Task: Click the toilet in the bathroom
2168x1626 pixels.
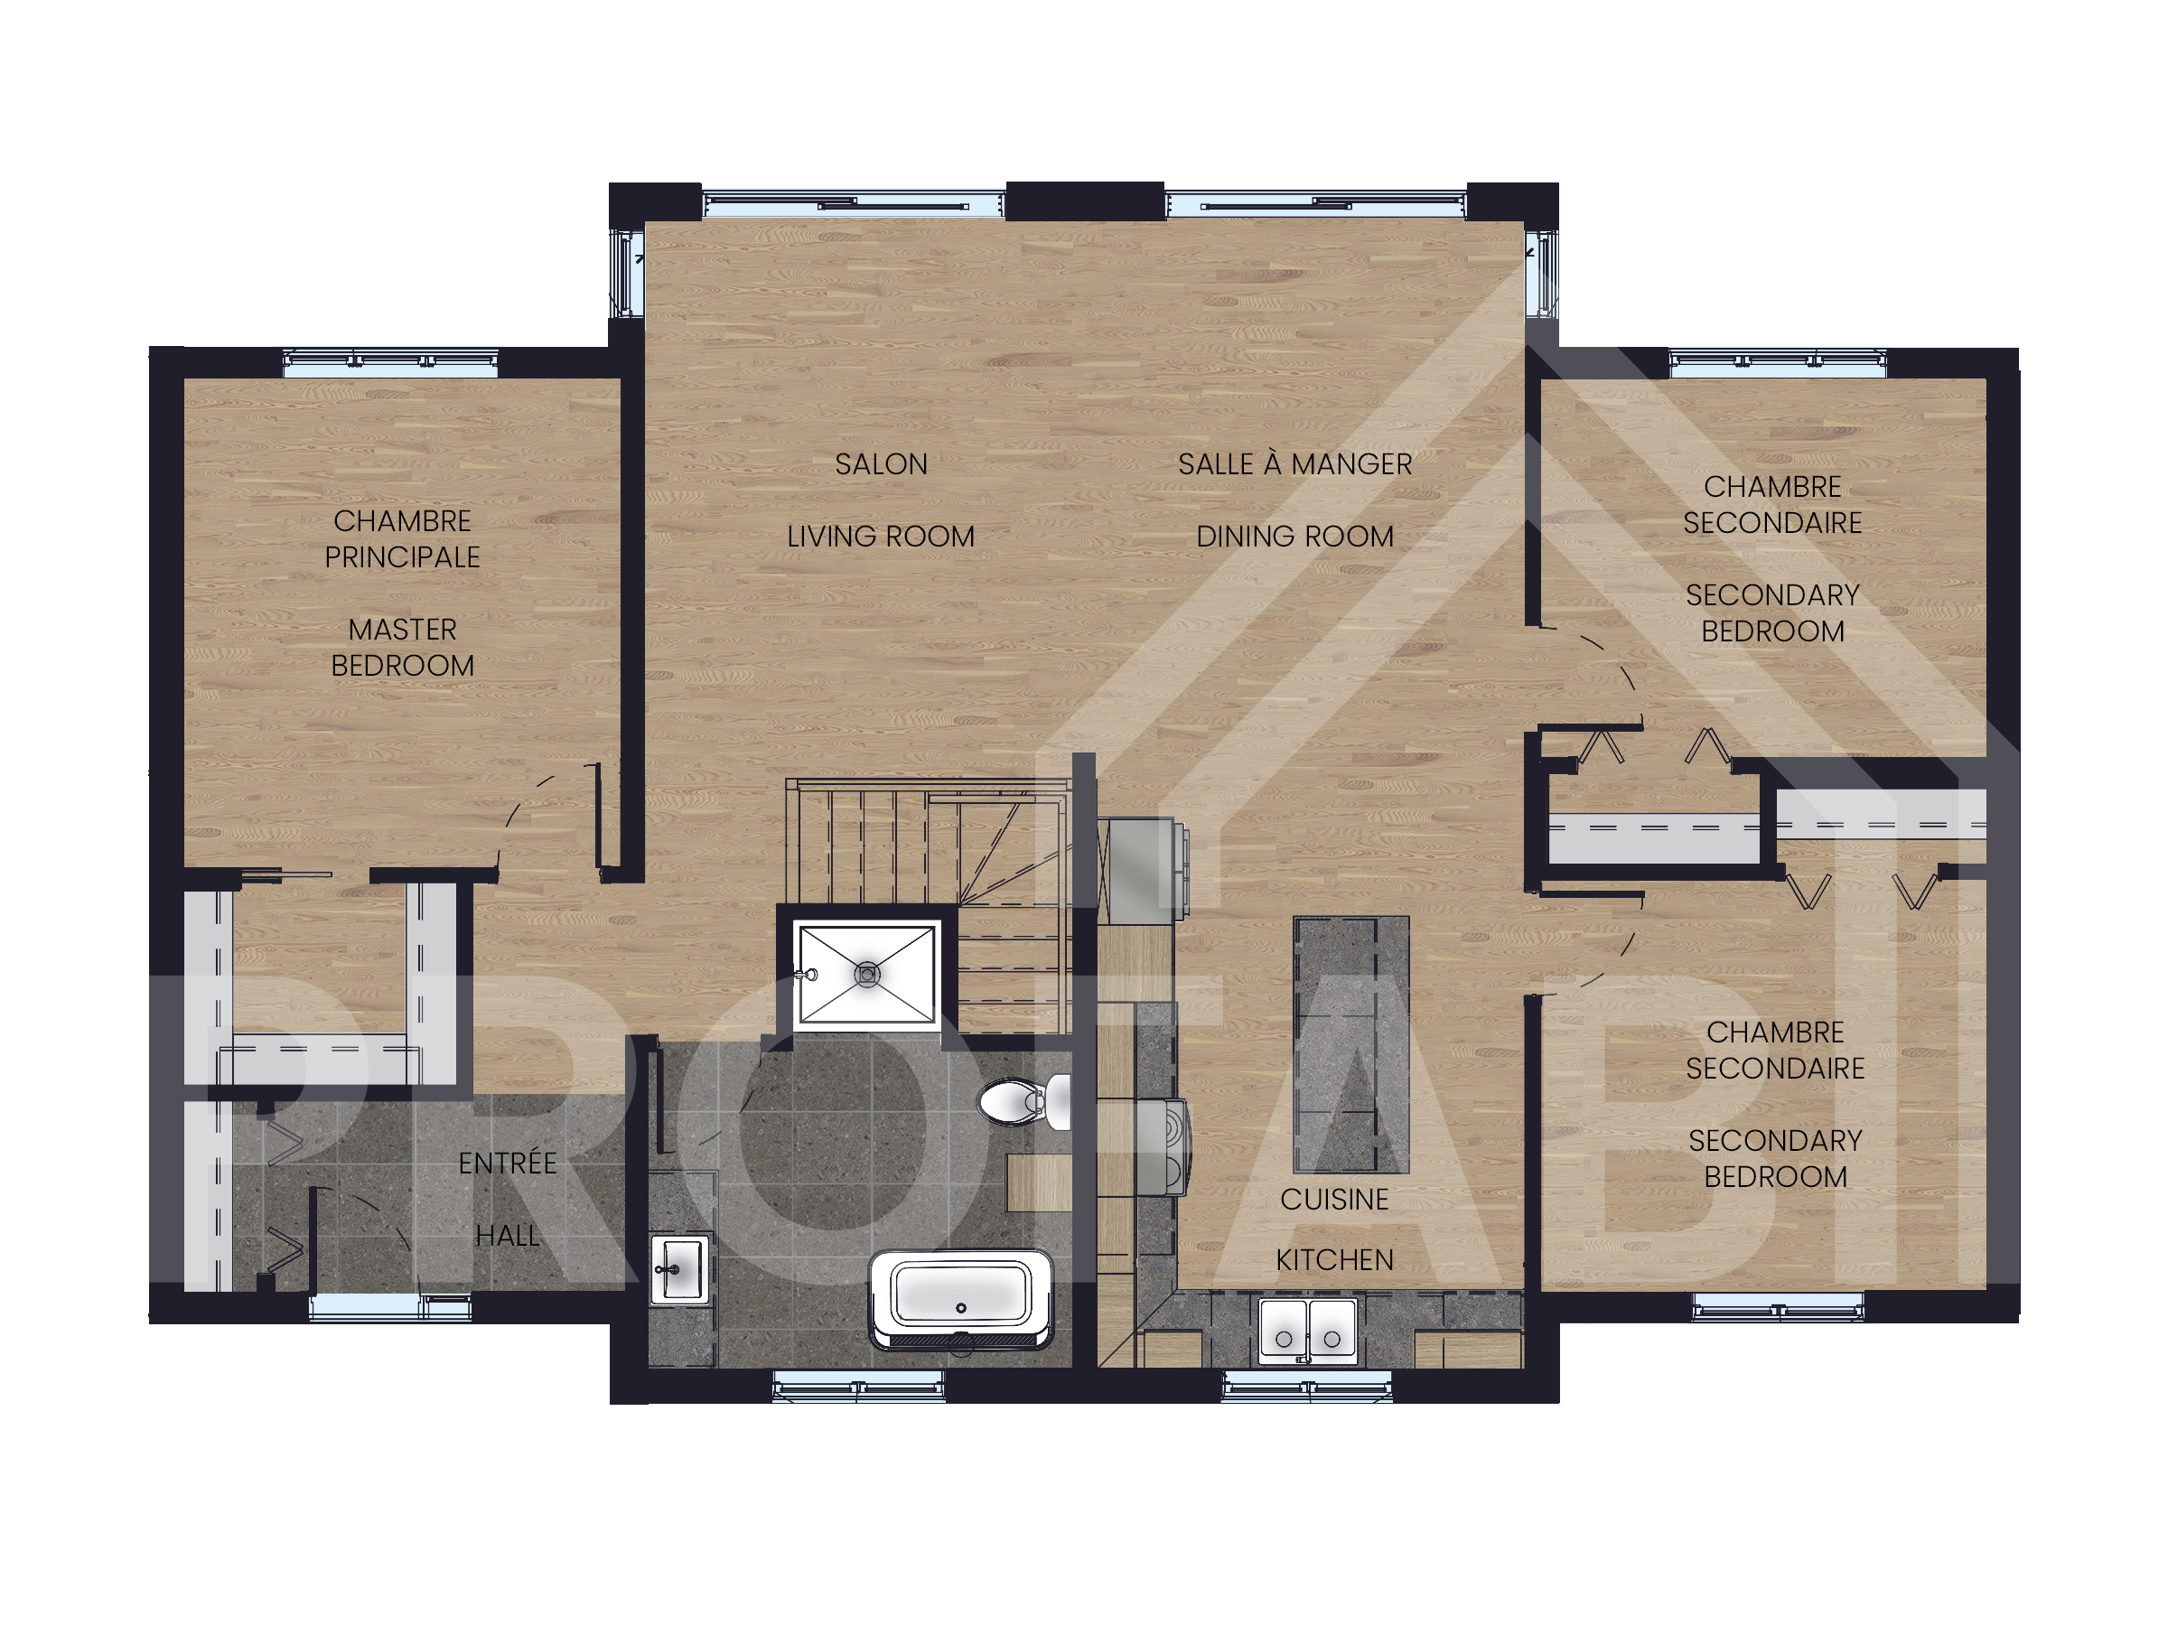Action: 1024,1102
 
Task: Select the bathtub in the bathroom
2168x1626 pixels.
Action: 960,1300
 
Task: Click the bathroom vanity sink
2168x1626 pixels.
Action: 680,1270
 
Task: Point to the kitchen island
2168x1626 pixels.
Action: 1351,1045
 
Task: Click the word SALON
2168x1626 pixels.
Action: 881,464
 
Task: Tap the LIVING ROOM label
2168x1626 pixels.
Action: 881,537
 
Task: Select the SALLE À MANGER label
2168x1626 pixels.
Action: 1294,463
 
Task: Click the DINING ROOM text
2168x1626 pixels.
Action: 1294,537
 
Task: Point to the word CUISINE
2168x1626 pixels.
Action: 1335,1200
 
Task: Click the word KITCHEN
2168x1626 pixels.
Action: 1335,1260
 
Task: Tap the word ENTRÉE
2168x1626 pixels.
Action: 508,1163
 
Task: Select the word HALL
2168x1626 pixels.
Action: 508,1236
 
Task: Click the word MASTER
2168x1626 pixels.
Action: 403,630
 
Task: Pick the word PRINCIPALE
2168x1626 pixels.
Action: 403,557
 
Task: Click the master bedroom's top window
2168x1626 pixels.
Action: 390,362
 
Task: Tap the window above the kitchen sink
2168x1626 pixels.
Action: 1306,1386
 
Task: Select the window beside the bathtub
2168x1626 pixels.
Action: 858,1386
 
